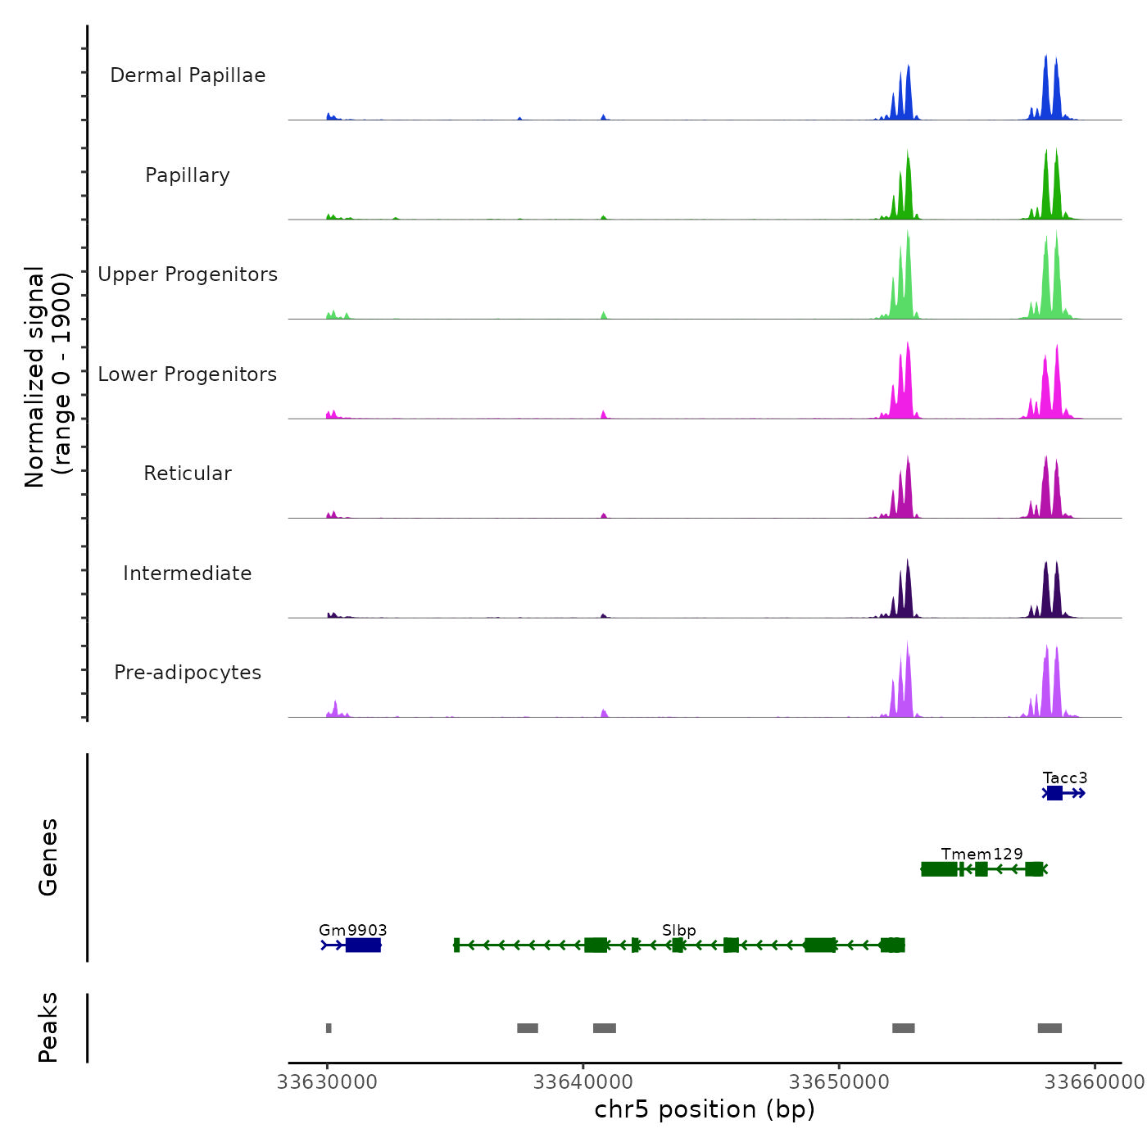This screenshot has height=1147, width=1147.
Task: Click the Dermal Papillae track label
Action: point(188,75)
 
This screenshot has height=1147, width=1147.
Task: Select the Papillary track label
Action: point(188,175)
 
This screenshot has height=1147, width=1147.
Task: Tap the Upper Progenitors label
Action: point(188,274)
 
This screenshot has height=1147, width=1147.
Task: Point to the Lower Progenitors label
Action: point(188,374)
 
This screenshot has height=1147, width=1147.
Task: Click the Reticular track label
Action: point(188,474)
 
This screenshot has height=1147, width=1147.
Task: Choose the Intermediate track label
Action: point(188,573)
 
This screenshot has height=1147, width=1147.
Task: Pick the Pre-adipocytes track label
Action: point(188,673)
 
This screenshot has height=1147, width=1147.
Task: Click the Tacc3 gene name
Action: point(1065,778)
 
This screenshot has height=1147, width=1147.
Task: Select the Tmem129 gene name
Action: point(982,854)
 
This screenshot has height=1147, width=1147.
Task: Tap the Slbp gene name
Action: point(679,930)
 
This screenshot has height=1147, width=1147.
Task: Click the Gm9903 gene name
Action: point(353,930)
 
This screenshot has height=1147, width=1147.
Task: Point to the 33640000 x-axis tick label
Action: point(583,1082)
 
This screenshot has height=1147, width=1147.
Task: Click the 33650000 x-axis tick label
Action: point(839,1082)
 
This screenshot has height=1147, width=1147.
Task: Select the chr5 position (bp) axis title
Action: point(705,1109)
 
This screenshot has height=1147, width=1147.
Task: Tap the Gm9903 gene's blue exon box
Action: point(363,945)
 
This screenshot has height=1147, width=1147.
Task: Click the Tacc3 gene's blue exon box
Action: point(1054,793)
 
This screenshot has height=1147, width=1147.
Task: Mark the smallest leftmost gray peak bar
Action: point(329,1028)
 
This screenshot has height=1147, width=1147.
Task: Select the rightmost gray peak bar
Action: point(1050,1028)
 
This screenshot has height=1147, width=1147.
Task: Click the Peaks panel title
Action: point(48,1027)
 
